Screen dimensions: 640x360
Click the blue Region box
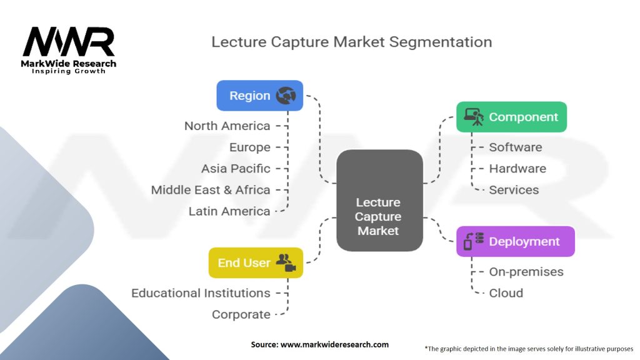(x=259, y=96)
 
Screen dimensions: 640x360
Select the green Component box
(x=511, y=117)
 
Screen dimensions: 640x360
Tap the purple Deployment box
(x=516, y=241)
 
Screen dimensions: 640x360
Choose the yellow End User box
(x=256, y=262)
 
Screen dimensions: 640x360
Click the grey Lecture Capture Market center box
(x=379, y=201)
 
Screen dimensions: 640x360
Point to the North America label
(x=227, y=126)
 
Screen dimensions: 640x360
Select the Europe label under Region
(x=250, y=147)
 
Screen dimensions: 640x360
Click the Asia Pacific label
(x=236, y=169)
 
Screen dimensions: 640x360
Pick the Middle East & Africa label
(x=211, y=190)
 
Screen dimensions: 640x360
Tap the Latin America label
(x=229, y=211)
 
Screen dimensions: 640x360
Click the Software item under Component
(x=516, y=147)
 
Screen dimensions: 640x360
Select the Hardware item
(x=517, y=169)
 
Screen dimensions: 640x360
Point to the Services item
(x=514, y=190)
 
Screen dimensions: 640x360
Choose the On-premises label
(x=526, y=272)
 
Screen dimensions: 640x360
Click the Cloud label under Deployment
(x=506, y=293)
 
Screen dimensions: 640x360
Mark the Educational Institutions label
(x=201, y=293)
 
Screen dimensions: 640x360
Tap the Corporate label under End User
(x=241, y=315)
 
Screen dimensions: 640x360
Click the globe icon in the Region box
(x=286, y=96)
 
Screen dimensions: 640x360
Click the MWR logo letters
(x=69, y=42)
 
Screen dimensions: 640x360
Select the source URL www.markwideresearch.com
(x=335, y=344)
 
